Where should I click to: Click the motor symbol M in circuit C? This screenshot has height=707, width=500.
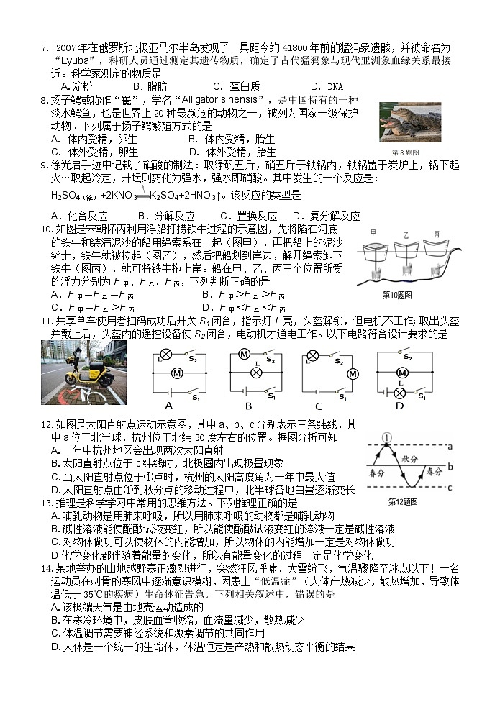(x=352, y=374)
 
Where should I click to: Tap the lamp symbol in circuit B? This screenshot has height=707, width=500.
(x=254, y=374)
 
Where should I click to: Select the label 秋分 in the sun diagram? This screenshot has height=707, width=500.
(x=409, y=458)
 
